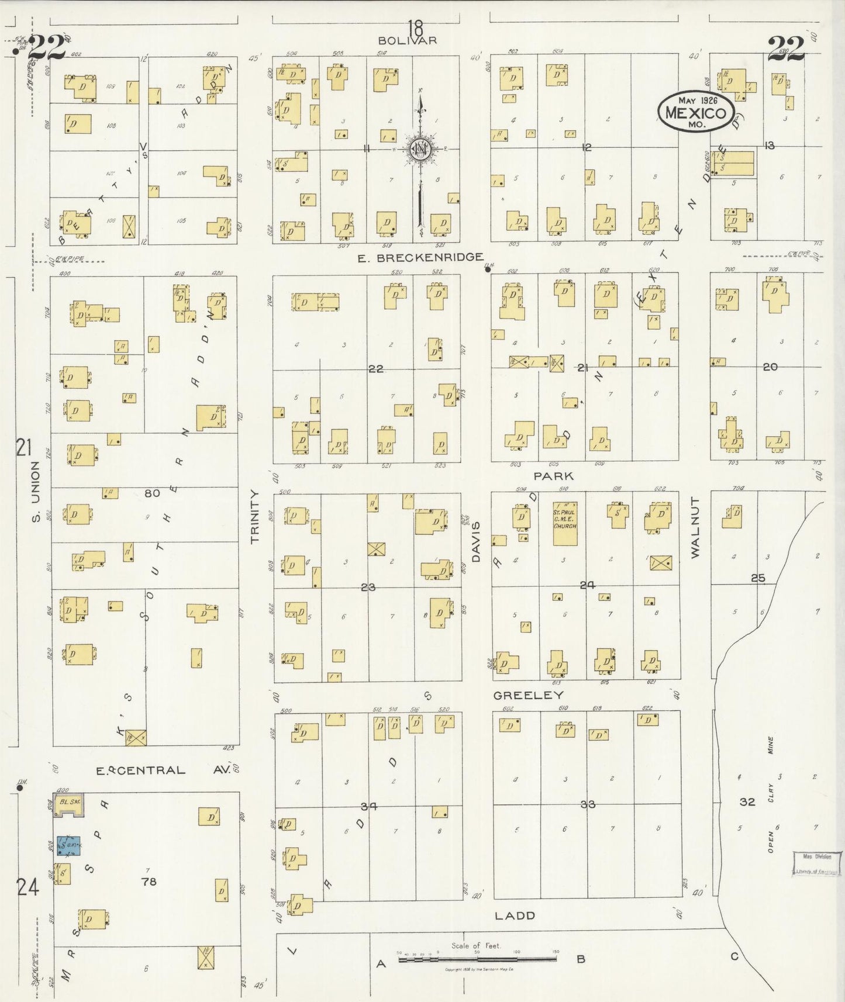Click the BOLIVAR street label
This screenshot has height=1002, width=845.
click(415, 40)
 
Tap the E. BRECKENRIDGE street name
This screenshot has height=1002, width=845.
click(420, 257)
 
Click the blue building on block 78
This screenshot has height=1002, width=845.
click(68, 845)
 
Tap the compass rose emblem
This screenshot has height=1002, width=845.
click(420, 148)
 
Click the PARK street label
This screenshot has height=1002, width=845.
click(553, 476)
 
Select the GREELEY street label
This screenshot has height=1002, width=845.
click(528, 695)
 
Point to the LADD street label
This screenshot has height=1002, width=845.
click(515, 915)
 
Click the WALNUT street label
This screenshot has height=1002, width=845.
click(695, 527)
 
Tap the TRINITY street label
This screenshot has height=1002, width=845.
click(254, 517)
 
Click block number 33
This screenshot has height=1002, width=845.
click(587, 804)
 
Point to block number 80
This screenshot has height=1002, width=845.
click(152, 493)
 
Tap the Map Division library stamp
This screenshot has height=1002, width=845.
click(816, 864)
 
